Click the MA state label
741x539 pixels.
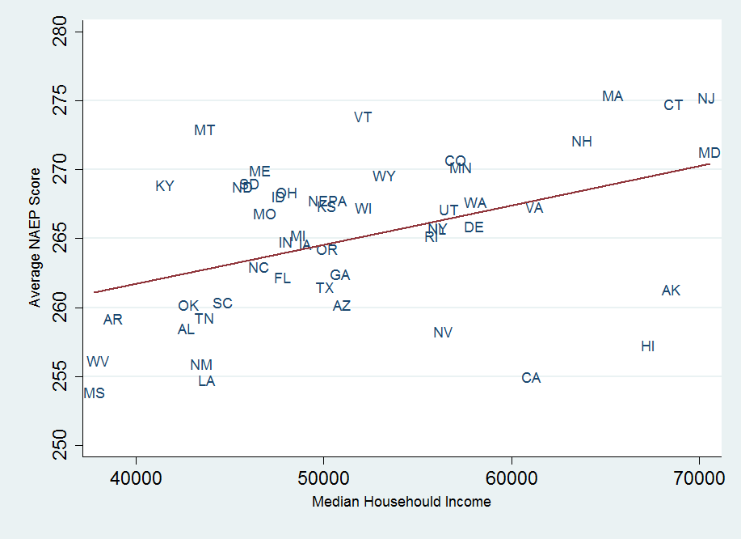point(613,96)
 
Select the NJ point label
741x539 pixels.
point(706,99)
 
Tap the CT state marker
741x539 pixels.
point(673,105)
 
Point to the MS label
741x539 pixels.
point(94,393)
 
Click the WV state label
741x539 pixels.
point(98,362)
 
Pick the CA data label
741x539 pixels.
point(531,378)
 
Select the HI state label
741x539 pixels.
point(647,346)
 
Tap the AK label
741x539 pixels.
point(671,291)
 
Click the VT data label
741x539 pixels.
point(363,117)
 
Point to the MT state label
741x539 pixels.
point(204,130)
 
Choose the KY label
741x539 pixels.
point(165,186)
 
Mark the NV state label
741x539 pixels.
point(443,333)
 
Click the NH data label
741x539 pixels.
point(582,142)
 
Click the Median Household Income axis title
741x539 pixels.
point(401,502)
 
